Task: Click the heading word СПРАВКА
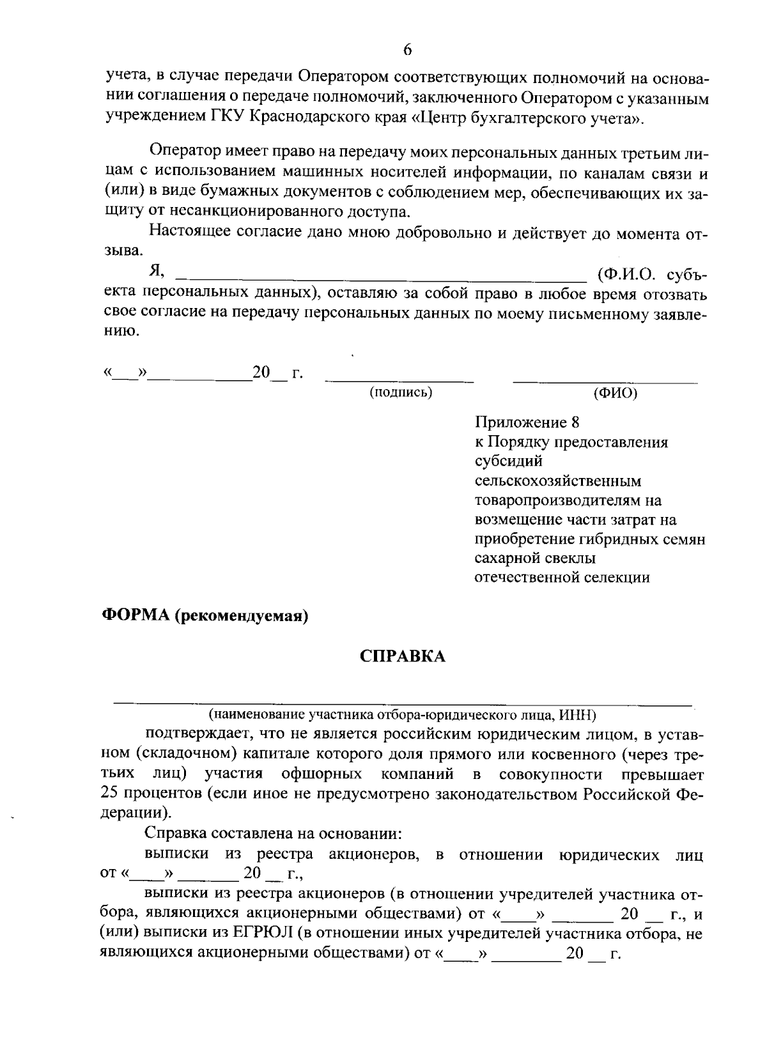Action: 403,656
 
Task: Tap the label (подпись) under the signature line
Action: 401,392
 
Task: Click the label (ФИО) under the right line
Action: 615,392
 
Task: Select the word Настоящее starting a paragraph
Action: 186,233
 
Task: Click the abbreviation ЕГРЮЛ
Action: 264,934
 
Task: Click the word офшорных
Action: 322,774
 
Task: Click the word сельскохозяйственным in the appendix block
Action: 558,481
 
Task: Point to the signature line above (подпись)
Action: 399,381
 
